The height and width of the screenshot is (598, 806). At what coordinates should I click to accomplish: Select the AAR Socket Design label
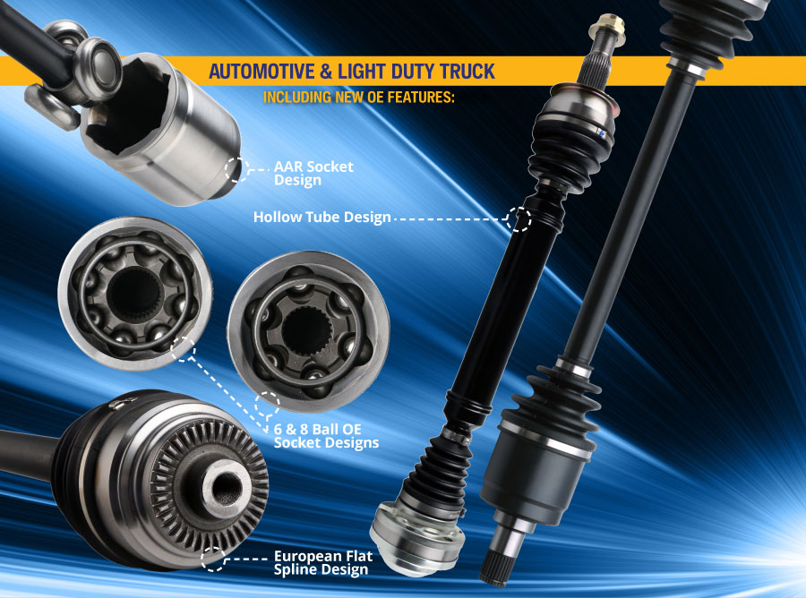click(x=313, y=174)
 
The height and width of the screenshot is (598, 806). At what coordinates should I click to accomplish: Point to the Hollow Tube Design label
click(x=322, y=218)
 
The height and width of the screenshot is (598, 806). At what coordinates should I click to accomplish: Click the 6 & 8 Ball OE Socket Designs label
click(x=326, y=436)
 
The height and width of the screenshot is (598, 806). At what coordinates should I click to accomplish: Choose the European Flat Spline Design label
click(x=321, y=560)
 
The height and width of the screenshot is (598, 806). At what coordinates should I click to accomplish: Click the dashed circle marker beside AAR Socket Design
click(x=236, y=168)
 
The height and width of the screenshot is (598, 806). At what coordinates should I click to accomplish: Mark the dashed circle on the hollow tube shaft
click(x=519, y=218)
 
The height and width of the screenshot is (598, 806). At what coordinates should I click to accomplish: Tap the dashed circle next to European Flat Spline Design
click(x=214, y=560)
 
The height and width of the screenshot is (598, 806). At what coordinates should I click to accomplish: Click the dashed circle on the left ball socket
click(x=183, y=349)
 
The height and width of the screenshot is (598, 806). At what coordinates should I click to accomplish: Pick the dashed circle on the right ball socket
click(x=267, y=405)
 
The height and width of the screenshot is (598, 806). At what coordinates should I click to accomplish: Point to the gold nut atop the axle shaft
click(x=602, y=22)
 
